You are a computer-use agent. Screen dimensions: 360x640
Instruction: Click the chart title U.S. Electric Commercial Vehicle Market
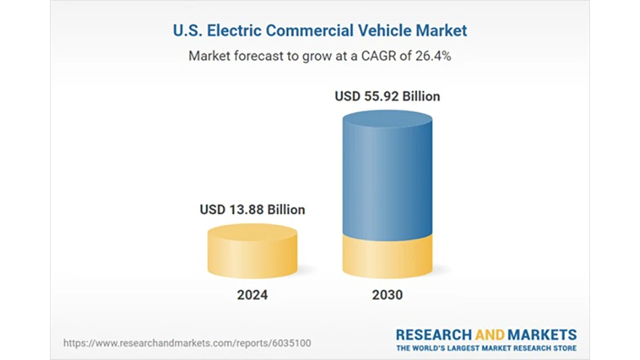(319, 30)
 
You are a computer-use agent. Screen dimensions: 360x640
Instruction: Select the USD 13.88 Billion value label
(252, 210)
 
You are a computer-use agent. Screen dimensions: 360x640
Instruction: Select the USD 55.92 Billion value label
(387, 97)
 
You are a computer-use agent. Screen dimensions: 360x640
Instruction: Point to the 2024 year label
(252, 295)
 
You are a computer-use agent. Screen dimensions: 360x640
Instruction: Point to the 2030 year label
(387, 295)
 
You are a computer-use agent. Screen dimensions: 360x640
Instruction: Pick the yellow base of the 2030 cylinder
(387, 257)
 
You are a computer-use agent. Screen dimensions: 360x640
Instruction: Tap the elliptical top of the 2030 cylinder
(387, 120)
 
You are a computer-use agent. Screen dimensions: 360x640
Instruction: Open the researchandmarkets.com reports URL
(187, 343)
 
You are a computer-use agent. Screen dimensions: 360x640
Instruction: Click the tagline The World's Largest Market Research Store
(486, 348)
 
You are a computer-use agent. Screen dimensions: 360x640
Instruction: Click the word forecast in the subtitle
(258, 56)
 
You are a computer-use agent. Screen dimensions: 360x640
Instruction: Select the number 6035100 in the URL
(292, 343)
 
